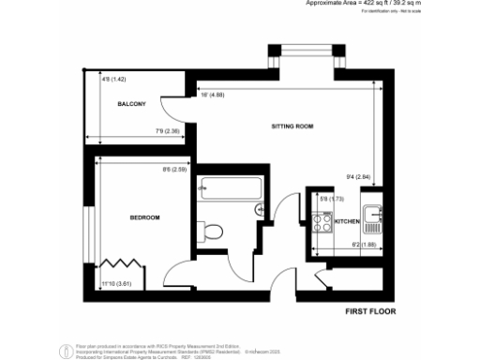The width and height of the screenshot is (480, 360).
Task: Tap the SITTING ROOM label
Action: [x=292, y=125]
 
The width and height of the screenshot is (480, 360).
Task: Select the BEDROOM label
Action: [x=145, y=217]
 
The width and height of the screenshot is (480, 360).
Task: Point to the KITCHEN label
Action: [x=348, y=221]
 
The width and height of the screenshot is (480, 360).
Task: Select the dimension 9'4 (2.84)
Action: [x=359, y=175]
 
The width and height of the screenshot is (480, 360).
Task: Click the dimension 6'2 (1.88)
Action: [x=363, y=245]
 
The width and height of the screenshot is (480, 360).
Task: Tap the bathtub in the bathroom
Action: [x=229, y=187]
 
